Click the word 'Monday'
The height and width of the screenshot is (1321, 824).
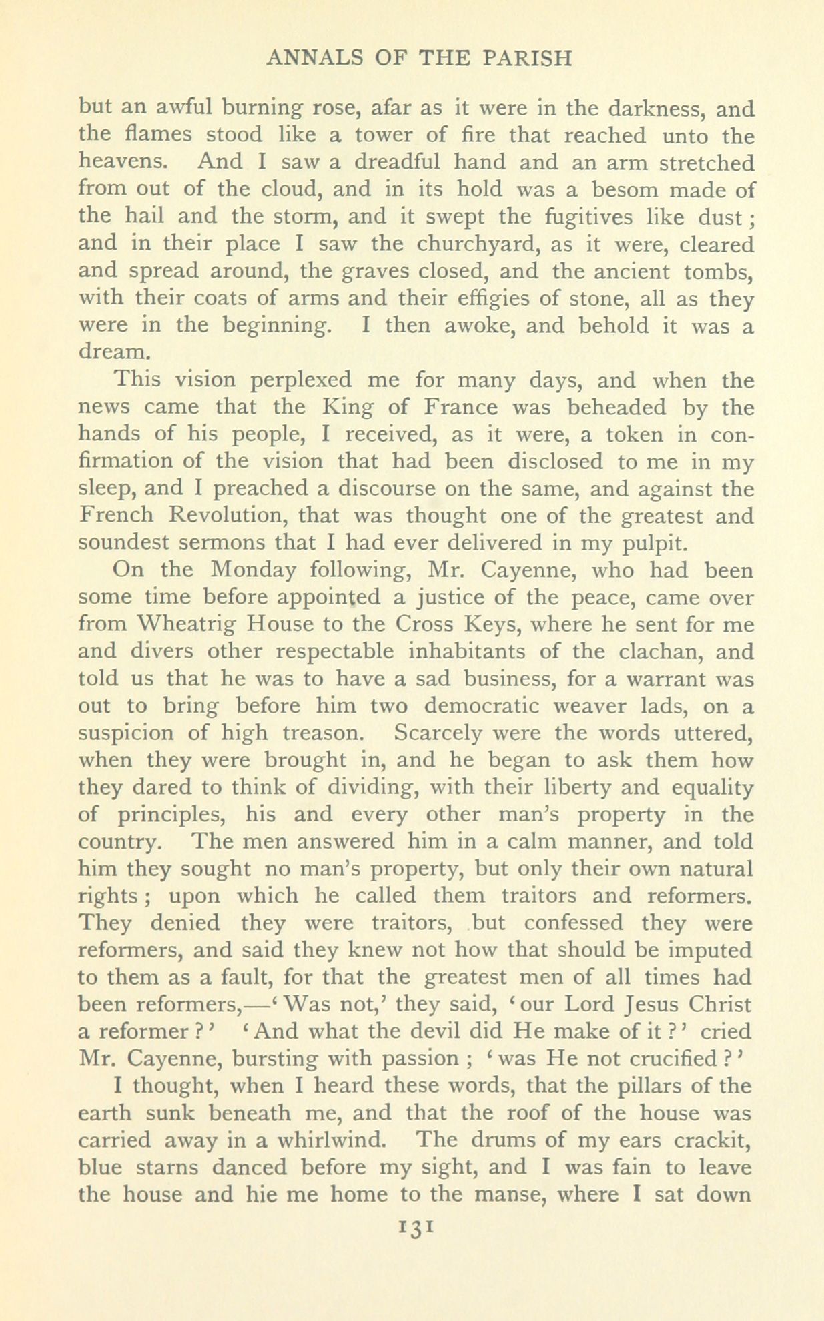point(252,570)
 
